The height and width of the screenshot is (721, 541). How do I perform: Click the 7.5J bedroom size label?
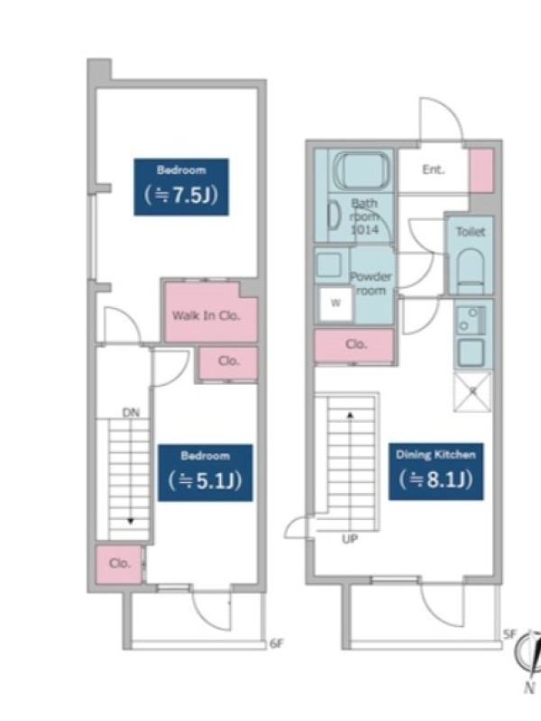[181, 187]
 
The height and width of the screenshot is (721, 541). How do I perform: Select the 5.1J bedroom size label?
[206, 472]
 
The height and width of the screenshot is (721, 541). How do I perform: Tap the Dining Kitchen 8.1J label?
[436, 471]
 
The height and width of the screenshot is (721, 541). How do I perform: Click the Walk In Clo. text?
[206, 315]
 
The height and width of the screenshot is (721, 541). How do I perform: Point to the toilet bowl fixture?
[471, 271]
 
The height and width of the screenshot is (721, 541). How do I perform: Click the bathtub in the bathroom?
[362, 170]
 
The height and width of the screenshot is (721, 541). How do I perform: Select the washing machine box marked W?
[335, 304]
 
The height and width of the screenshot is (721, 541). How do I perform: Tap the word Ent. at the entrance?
[434, 169]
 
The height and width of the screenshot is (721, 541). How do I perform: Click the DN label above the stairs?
[131, 413]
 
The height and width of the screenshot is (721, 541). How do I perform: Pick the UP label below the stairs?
[350, 538]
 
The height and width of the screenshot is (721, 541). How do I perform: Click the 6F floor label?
[276, 643]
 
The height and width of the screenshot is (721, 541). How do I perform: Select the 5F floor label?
[509, 634]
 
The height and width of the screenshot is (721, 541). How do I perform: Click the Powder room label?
[371, 284]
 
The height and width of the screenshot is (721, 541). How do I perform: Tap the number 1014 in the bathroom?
[365, 230]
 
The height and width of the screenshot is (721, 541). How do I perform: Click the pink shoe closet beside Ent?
[481, 170]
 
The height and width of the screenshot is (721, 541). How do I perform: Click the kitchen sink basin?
[471, 351]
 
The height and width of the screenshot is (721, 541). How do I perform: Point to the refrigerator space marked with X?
[472, 392]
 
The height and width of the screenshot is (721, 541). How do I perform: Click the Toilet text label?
[471, 232]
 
